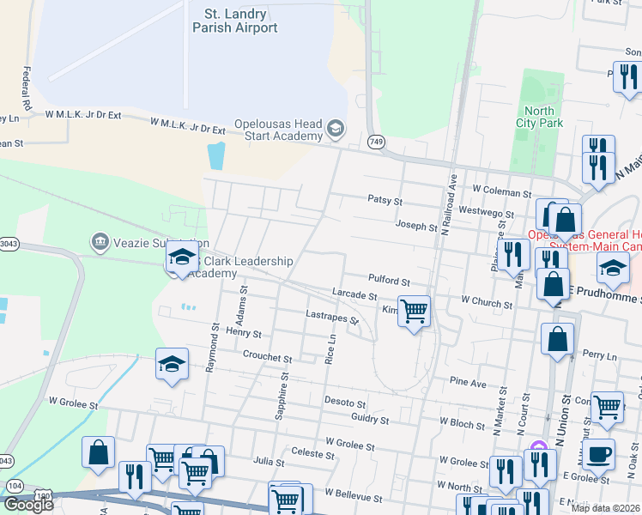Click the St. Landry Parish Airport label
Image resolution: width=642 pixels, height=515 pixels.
click(241, 21)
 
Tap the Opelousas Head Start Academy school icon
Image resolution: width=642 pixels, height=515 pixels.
click(335, 130)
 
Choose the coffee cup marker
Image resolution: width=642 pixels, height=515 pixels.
click(599, 453)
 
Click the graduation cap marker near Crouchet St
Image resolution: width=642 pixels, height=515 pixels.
click(173, 364)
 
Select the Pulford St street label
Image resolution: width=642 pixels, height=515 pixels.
click(389, 282)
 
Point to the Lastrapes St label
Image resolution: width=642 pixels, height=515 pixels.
click(331, 317)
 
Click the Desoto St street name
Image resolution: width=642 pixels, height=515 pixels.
click(345, 402)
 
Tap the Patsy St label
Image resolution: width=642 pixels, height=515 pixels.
click(385, 201)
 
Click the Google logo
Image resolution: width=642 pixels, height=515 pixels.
click(27, 504)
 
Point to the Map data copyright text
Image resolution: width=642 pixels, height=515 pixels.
click(606, 508)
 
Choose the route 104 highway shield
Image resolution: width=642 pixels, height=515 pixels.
click(15, 486)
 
